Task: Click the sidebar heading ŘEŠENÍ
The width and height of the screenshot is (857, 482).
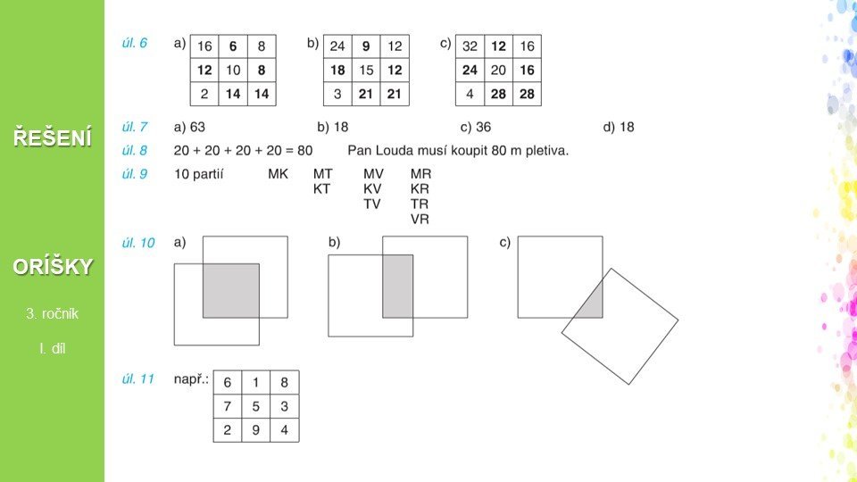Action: (53, 137)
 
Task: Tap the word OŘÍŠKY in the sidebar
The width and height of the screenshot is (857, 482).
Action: (53, 267)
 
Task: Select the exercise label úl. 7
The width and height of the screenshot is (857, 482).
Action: (135, 127)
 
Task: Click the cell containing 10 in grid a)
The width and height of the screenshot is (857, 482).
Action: (233, 70)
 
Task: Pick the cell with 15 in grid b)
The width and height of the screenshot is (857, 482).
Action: (366, 70)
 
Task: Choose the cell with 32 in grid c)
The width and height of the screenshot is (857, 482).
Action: (470, 46)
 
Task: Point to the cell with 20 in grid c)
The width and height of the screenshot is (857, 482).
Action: (498, 70)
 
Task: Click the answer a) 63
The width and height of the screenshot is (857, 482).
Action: (189, 127)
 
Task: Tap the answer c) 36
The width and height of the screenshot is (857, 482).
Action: (476, 127)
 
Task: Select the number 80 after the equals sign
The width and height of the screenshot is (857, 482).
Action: (305, 150)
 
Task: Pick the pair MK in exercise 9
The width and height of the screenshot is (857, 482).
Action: (278, 174)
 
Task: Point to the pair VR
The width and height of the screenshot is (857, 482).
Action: (420, 220)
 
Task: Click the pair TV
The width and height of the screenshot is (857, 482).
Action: (372, 204)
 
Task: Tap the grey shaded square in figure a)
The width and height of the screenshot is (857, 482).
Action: (231, 291)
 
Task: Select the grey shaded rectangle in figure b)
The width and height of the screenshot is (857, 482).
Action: (398, 287)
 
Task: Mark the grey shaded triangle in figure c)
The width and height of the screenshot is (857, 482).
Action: (593, 303)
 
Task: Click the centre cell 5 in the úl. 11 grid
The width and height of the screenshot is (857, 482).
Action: (256, 406)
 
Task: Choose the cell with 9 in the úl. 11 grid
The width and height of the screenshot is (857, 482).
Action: (256, 430)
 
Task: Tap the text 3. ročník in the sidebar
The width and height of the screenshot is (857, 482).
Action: (53, 313)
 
